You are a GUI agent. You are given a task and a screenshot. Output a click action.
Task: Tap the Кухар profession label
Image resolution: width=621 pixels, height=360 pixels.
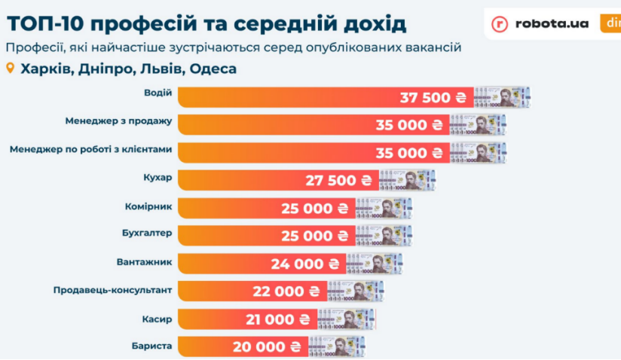tap(158, 177)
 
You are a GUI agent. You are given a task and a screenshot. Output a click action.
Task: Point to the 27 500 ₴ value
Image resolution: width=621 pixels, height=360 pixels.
tap(339, 181)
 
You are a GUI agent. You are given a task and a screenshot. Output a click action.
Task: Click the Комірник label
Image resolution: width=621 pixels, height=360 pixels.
tap(148, 205)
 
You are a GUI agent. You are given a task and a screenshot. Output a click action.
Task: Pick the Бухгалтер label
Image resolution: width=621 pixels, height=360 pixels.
tap(147, 233)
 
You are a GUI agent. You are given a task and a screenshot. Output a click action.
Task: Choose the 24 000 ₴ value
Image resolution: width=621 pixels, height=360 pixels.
tap(304, 264)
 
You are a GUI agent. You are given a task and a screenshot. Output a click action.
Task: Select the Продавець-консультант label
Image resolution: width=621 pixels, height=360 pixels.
tap(113, 288)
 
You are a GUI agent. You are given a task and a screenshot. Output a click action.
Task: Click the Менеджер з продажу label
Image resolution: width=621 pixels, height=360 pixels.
tap(119, 121)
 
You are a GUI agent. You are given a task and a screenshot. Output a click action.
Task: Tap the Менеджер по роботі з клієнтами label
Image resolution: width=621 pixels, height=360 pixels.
tap(91, 149)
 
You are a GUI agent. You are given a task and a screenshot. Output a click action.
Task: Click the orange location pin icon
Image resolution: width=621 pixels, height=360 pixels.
tap(10, 69)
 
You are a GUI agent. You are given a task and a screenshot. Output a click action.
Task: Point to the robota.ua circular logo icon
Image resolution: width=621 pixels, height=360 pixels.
tap(500, 24)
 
